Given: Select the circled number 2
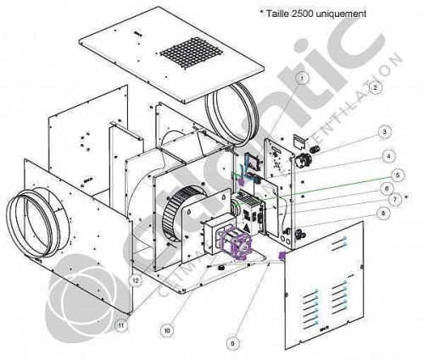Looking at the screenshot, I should click(374, 86).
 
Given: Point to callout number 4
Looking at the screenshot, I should click(386, 156).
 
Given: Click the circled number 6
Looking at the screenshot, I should click(386, 188).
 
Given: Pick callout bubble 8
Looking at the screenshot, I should click(386, 214).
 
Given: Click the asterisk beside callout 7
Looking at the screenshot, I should click(408, 198).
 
